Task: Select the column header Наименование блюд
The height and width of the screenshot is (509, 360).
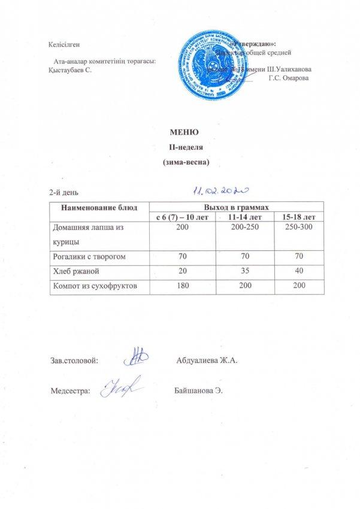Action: (97, 207)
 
